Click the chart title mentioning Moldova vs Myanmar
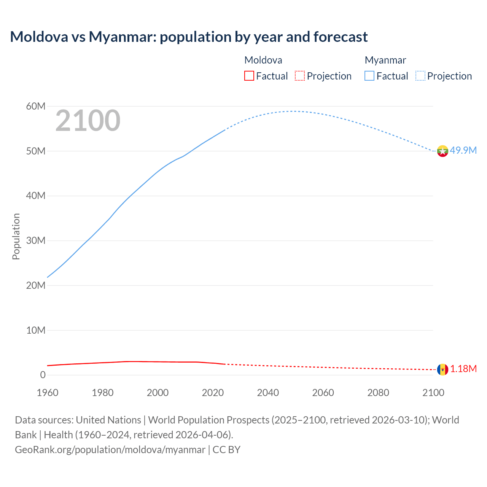click(x=189, y=37)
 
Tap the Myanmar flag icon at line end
click(x=442, y=151)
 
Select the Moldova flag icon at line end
click(x=442, y=369)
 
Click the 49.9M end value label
click(x=463, y=150)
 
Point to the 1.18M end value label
click(x=463, y=369)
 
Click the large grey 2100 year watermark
click(x=88, y=121)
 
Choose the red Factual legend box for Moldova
click(x=249, y=76)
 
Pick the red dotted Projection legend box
click(x=300, y=76)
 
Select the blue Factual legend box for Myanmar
click(x=369, y=76)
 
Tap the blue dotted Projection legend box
click(x=420, y=76)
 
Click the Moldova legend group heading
click(x=263, y=60)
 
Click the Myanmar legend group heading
click(x=385, y=60)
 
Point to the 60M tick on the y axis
click(x=36, y=106)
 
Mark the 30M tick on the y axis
click(x=36, y=240)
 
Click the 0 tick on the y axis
click(x=43, y=375)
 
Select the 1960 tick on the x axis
click(x=48, y=393)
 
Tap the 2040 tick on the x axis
click(x=268, y=393)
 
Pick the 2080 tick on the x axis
click(x=378, y=393)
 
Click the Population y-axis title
click(x=16, y=236)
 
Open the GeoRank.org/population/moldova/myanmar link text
click(x=110, y=450)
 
